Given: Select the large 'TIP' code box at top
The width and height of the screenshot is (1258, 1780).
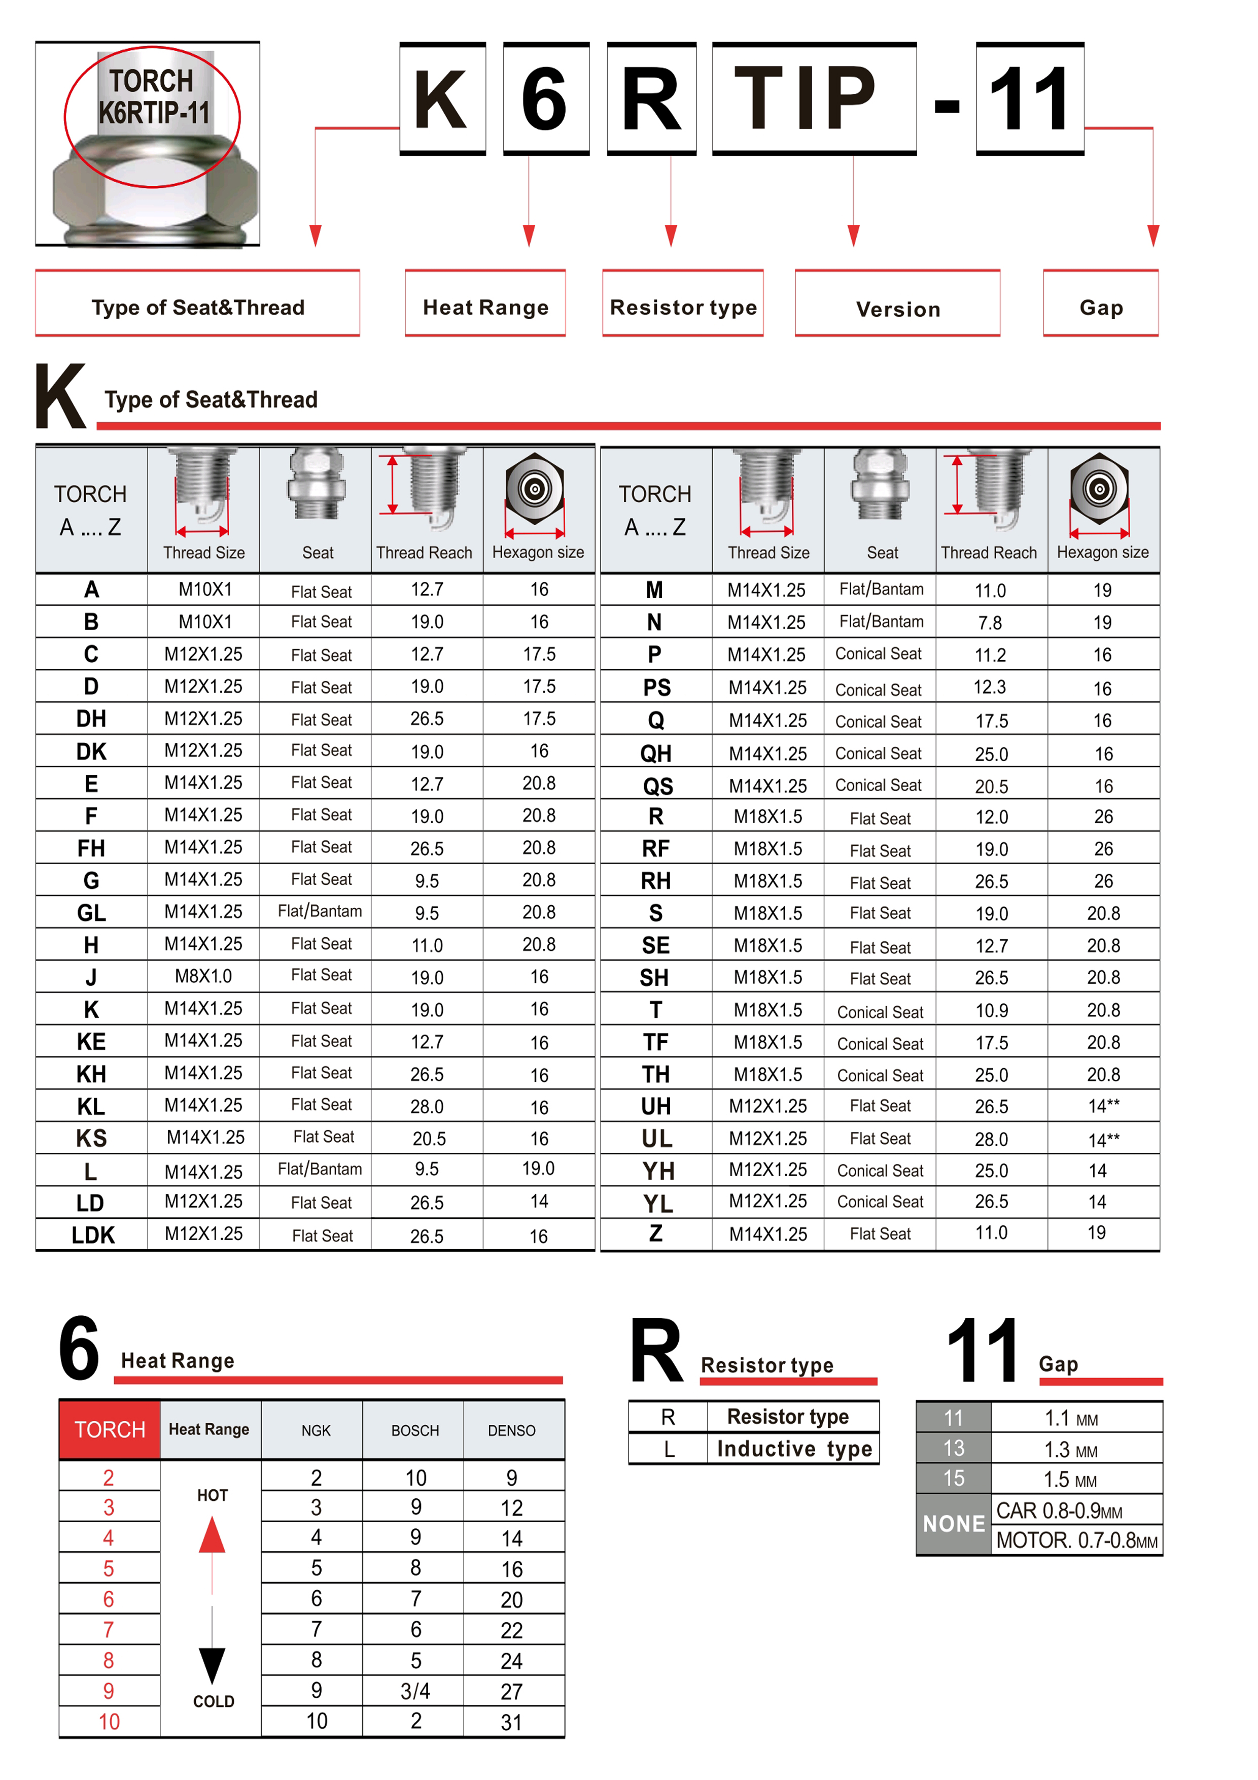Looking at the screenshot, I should (814, 98).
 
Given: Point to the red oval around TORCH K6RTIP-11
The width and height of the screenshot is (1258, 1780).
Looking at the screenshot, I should (152, 116).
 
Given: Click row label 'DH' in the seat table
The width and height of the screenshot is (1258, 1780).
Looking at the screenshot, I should (91, 718).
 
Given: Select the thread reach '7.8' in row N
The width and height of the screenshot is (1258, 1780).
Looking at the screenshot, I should (990, 623).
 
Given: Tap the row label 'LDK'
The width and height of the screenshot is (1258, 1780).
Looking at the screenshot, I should (92, 1235).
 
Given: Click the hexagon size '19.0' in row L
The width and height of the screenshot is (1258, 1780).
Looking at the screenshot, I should (538, 1169).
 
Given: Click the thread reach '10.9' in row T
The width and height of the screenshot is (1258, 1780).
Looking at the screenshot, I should (991, 1010).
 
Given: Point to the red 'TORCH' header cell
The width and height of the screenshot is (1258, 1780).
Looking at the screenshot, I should (109, 1429).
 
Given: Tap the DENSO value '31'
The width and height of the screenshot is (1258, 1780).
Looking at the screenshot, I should (511, 1722).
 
